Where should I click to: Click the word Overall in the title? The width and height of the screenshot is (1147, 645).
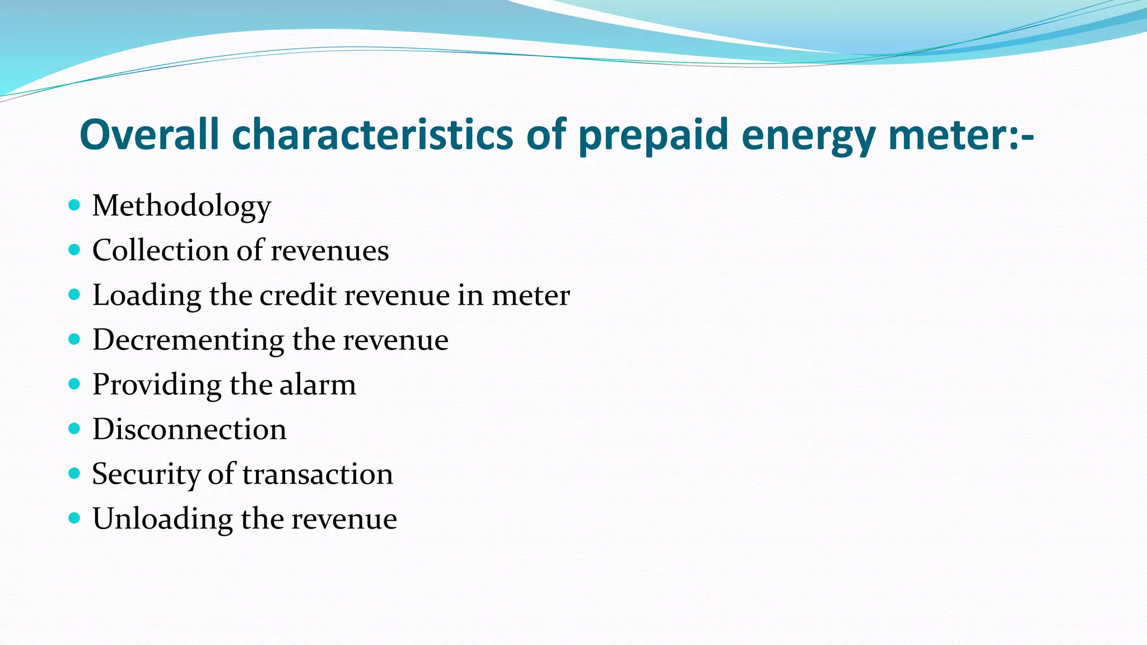tap(149, 134)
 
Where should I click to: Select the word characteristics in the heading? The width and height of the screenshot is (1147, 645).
tap(372, 134)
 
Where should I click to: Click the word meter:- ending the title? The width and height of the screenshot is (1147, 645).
tap(961, 135)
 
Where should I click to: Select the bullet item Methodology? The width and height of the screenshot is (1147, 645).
tap(181, 206)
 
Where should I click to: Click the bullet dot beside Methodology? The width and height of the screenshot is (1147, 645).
tap(74, 205)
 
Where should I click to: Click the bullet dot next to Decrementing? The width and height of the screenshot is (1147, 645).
tap(74, 339)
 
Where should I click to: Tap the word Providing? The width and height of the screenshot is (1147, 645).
tap(157, 385)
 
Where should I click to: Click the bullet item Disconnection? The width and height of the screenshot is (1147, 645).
tap(189, 429)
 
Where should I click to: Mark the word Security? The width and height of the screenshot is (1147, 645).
tap(146, 475)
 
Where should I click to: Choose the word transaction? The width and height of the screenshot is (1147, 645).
tap(318, 474)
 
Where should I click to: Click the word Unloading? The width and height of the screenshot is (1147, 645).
tap(162, 519)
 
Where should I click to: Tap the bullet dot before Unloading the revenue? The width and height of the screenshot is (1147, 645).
tap(74, 518)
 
